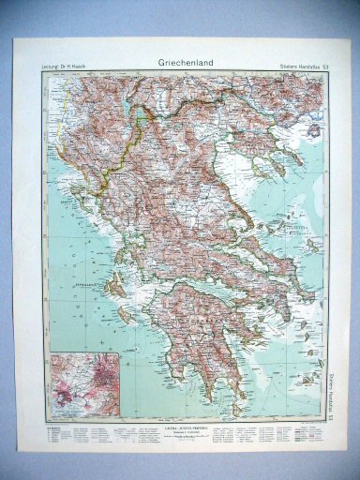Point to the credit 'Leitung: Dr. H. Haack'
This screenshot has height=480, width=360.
click(71, 64)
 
